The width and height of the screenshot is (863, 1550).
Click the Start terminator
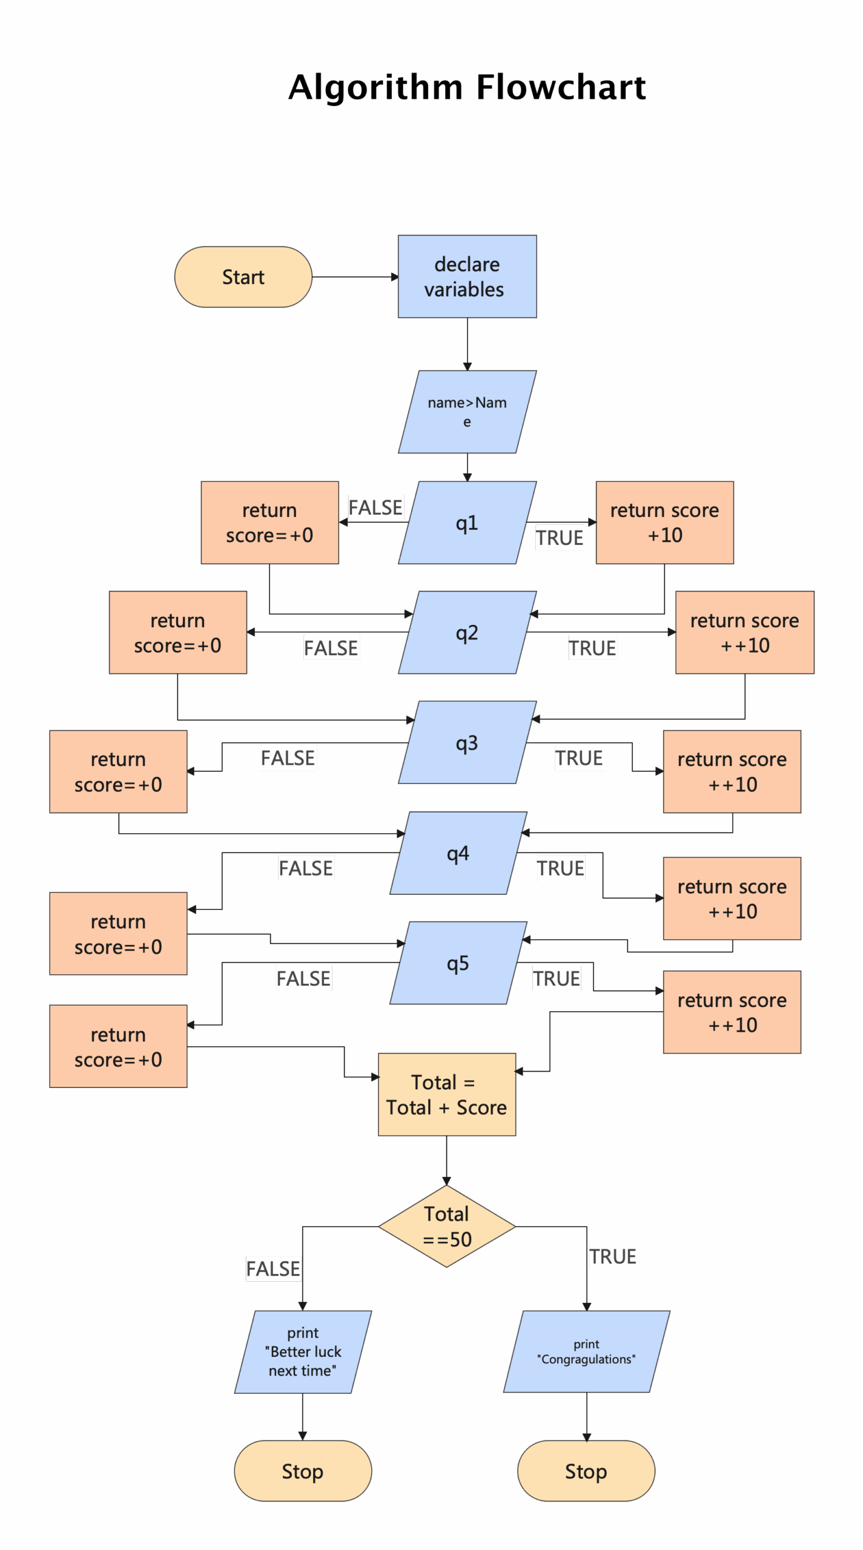(243, 277)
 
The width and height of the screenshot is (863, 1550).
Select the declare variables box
(466, 277)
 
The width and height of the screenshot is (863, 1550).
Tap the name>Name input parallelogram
(466, 412)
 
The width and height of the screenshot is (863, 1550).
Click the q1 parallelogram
(466, 523)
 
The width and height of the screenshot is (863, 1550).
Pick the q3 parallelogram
(466, 742)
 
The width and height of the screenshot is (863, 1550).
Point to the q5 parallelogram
(458, 963)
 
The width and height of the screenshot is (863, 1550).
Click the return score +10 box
(664, 523)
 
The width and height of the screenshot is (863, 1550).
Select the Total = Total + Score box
(446, 1094)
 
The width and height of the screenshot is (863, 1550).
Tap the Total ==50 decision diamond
(446, 1226)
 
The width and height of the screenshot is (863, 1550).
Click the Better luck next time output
(303, 1351)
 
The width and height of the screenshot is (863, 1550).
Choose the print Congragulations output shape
(586, 1351)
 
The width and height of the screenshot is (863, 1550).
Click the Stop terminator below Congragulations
(586, 1471)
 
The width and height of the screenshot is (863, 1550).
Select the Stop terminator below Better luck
(303, 1471)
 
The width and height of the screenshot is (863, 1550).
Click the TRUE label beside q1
(560, 538)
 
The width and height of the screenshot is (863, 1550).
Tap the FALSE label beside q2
(331, 648)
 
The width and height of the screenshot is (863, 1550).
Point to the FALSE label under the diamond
(273, 1268)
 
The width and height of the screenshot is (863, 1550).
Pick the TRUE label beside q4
(560, 868)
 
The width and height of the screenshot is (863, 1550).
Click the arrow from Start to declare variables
(354, 277)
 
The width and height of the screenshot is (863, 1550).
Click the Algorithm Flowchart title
(466, 87)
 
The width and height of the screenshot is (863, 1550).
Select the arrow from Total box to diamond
(446, 1159)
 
